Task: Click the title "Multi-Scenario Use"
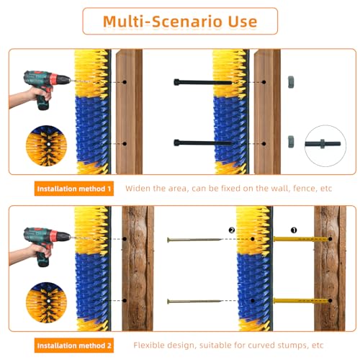[179, 21]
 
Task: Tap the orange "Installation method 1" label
[74, 189]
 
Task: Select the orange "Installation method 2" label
[74, 346]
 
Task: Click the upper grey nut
[291, 81]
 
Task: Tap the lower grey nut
[291, 141]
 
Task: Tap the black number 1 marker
[294, 231]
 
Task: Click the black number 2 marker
[231, 231]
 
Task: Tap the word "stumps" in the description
[289, 346]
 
